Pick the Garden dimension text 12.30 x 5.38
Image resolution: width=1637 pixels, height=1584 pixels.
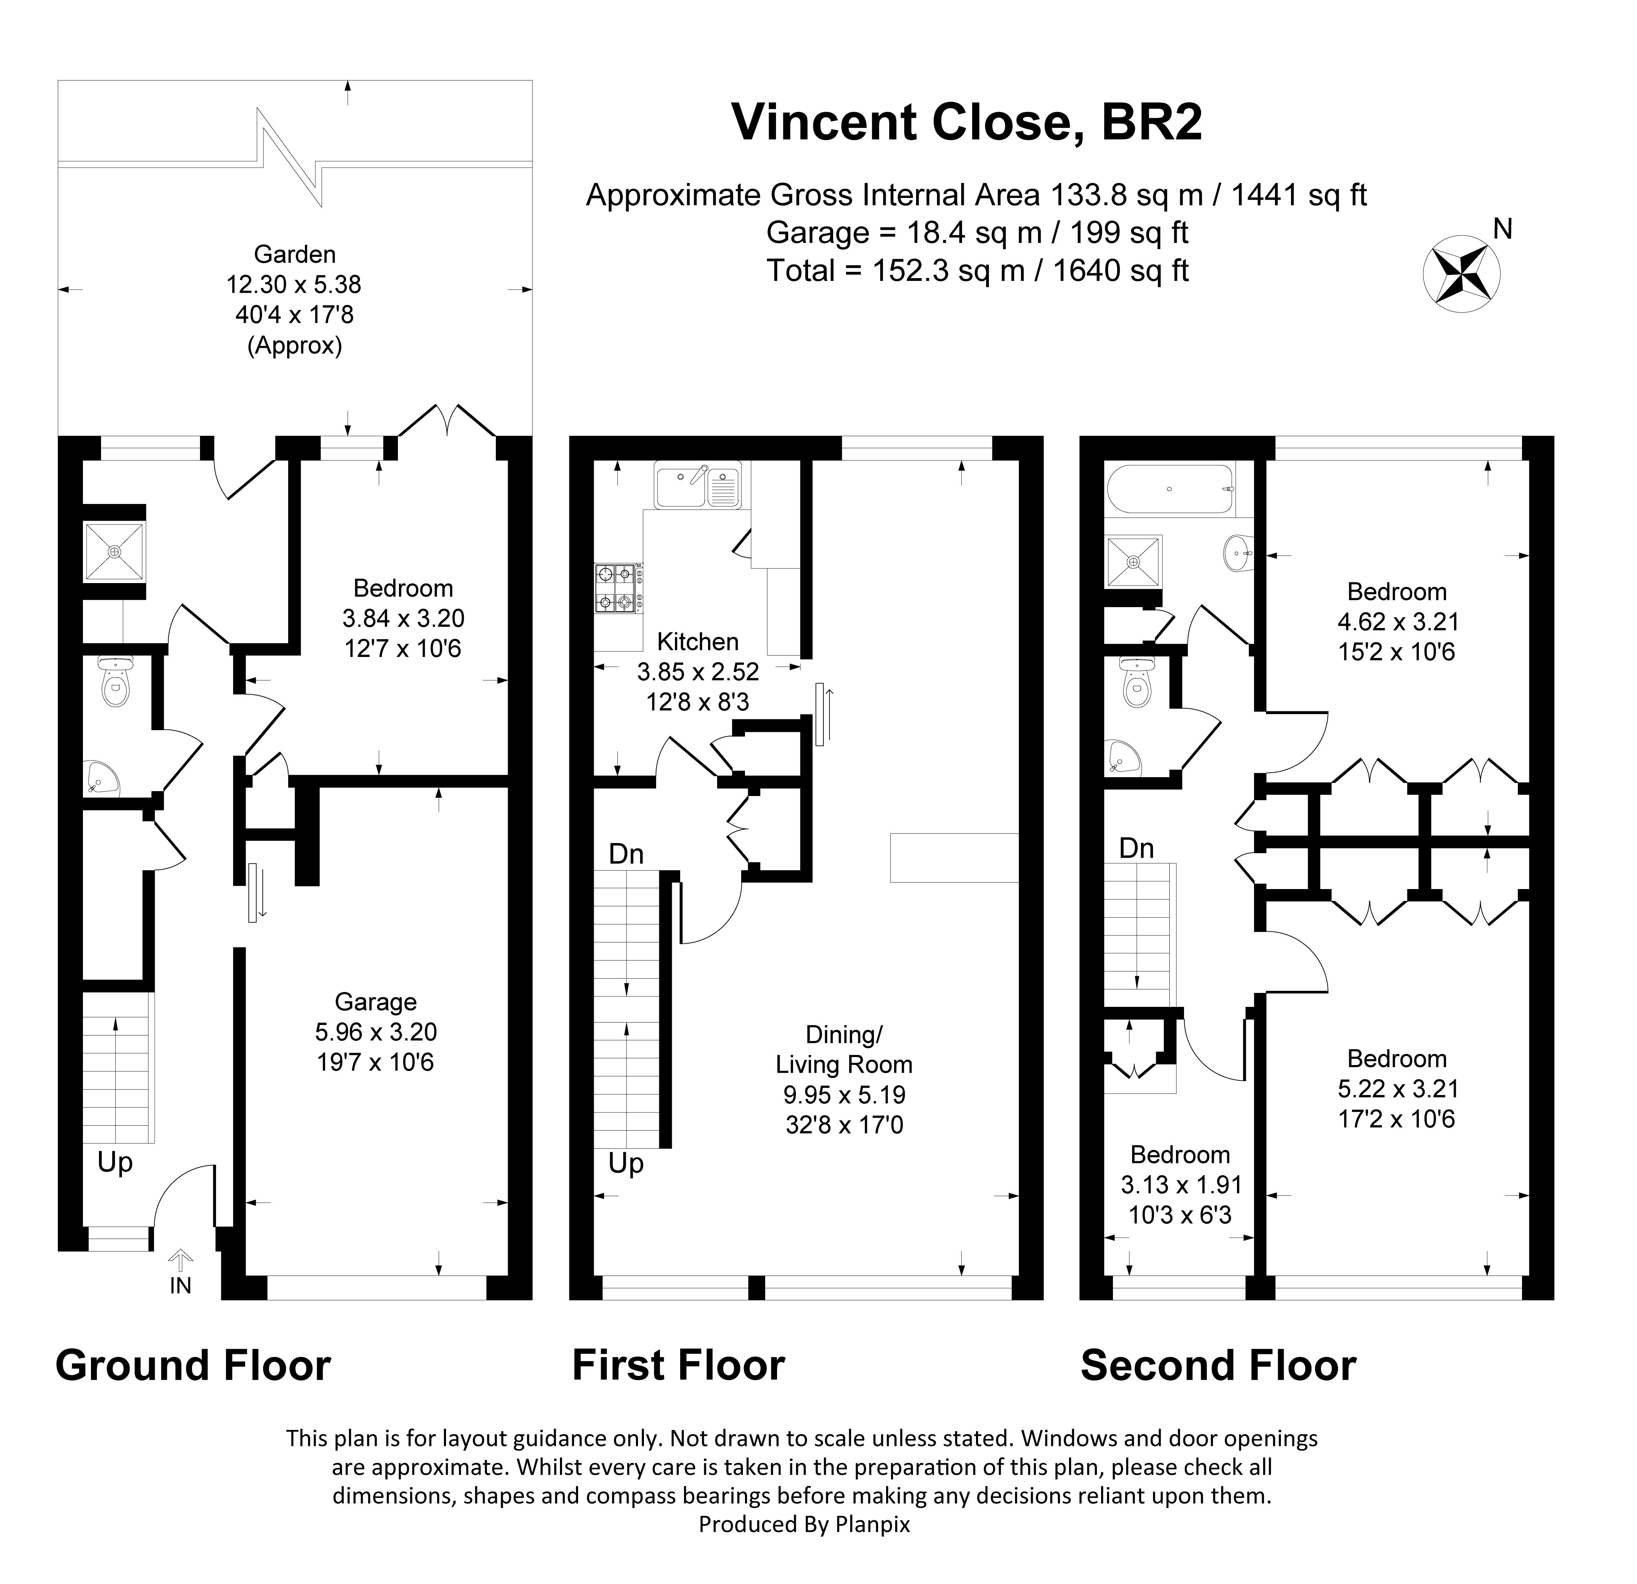click(294, 285)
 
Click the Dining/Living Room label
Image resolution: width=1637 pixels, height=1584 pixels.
click(844, 1050)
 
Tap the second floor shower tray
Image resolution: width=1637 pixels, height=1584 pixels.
click(1133, 561)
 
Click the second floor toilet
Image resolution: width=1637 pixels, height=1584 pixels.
click(1136, 682)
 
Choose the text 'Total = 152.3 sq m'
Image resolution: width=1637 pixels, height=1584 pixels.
click(896, 271)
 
